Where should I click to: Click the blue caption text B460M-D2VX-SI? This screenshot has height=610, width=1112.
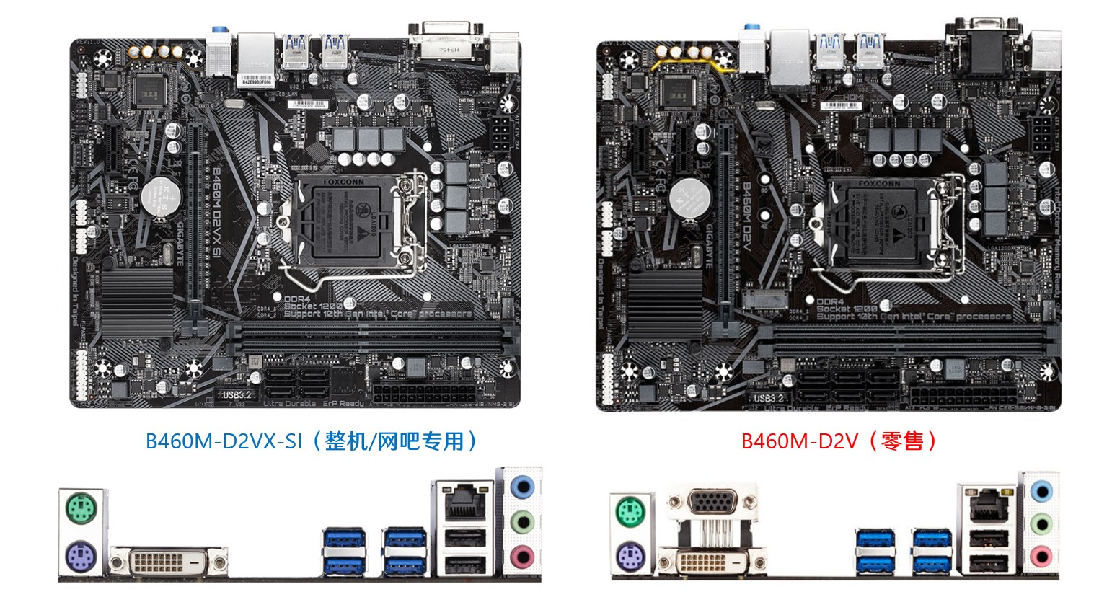224,441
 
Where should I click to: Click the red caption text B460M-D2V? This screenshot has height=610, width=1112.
799,441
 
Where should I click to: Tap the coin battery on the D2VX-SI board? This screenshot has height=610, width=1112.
160,197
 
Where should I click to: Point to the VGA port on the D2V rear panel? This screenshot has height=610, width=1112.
712,502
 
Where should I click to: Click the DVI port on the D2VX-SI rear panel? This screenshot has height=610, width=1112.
167,561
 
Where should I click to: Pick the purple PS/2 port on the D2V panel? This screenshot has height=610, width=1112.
632,557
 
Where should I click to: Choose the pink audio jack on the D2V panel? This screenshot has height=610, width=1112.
1040,556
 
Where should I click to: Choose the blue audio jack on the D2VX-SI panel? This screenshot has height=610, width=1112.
522,487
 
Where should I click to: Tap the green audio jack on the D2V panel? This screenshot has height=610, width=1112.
1040,523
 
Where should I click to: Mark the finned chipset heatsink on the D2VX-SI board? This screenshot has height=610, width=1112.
137,301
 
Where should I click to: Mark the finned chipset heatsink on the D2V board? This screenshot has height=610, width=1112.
665,305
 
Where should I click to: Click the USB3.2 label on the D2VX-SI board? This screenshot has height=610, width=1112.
237,395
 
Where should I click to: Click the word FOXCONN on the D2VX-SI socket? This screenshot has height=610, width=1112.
344,182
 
